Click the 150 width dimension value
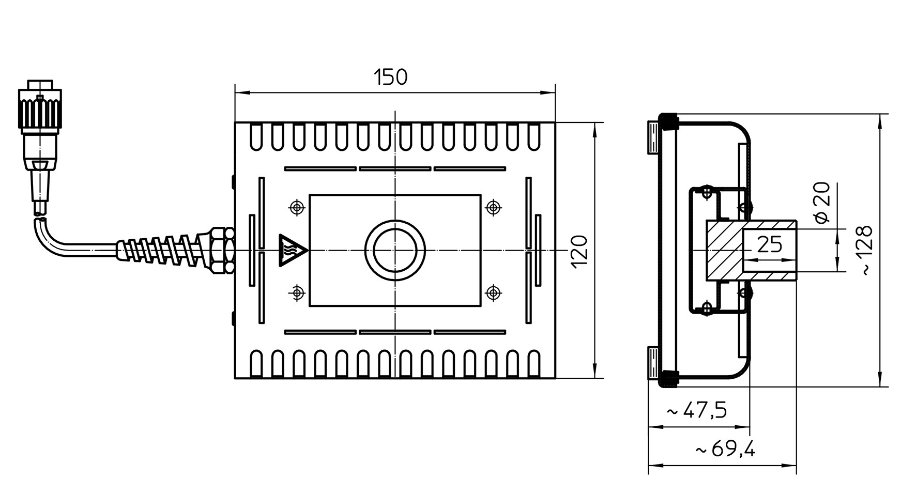tap(390, 78)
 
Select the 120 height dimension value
tap(580, 251)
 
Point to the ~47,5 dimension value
tap(697, 411)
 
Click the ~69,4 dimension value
tap(726, 450)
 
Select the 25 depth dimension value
tap(770, 244)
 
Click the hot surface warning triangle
tap(293, 251)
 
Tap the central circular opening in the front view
tap(395, 251)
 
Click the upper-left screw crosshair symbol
tap(297, 208)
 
